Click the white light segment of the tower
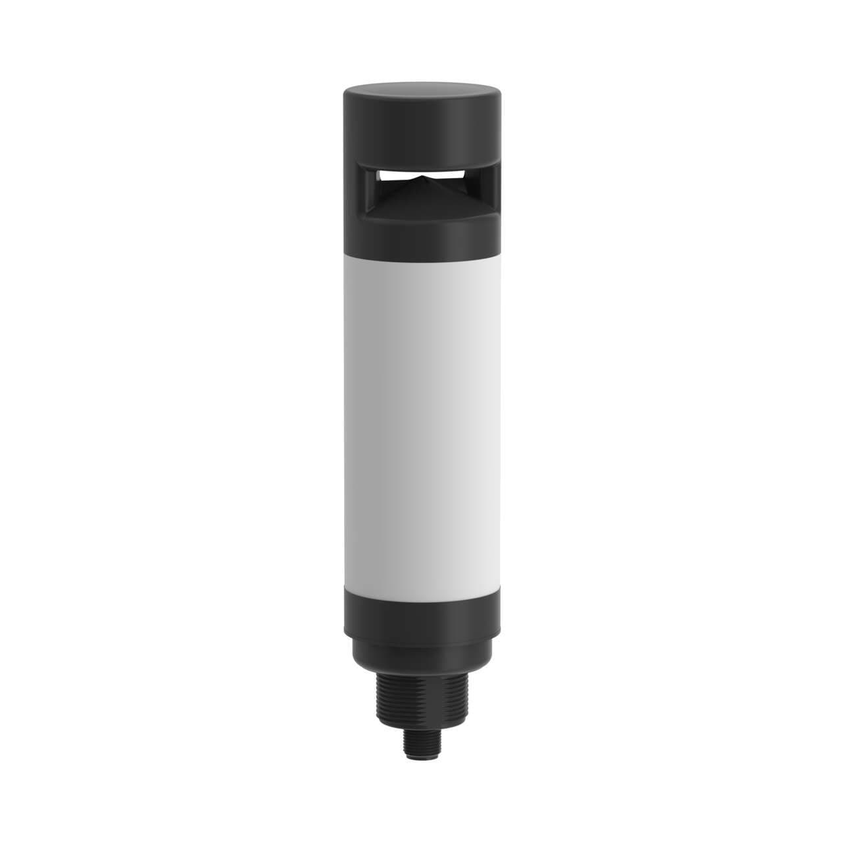(421, 414)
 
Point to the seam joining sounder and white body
(421, 255)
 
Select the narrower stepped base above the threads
(421, 648)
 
